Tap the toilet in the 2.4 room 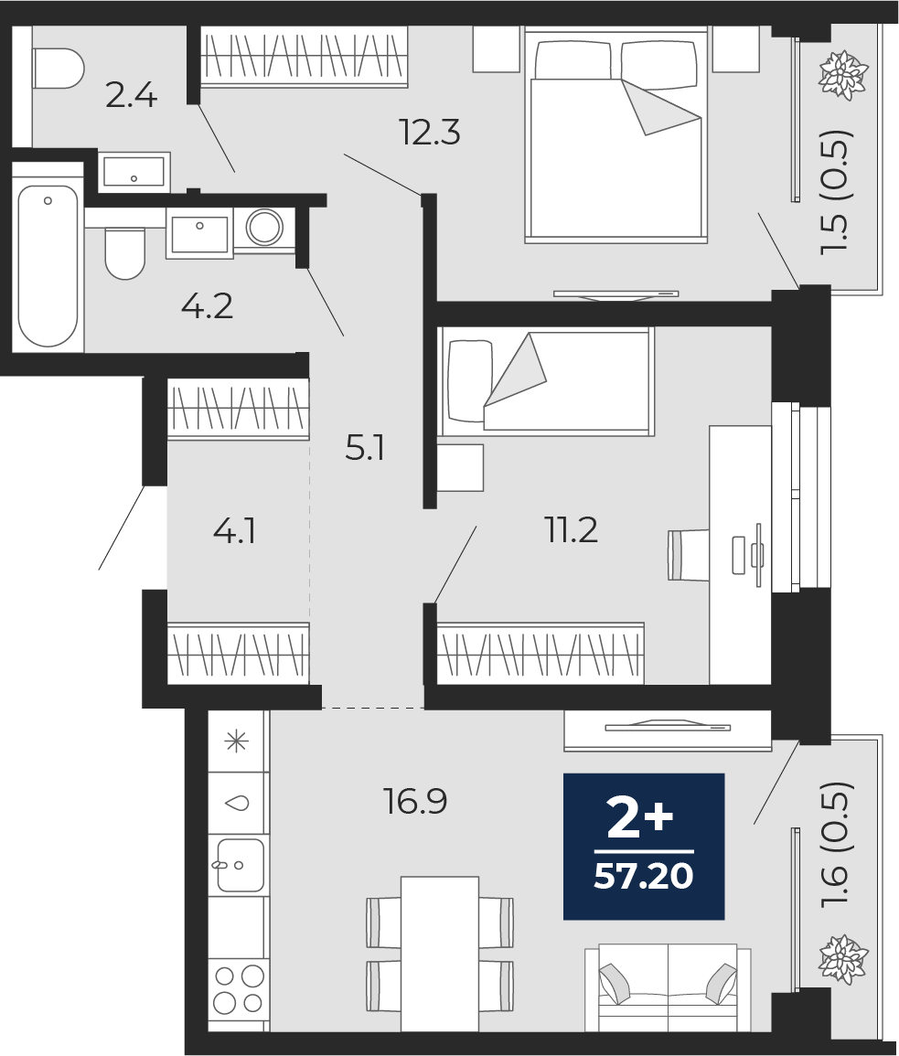(57, 69)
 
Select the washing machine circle (264, 227)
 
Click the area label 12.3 (429, 133)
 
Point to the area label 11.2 (572, 529)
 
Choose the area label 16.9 (415, 802)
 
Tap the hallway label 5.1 (364, 448)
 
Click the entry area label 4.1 (234, 530)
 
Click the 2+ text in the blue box (640, 820)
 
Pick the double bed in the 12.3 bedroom (615, 146)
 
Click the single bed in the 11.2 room (547, 381)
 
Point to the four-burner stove (238, 989)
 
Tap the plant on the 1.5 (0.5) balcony (842, 75)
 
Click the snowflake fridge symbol (238, 741)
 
